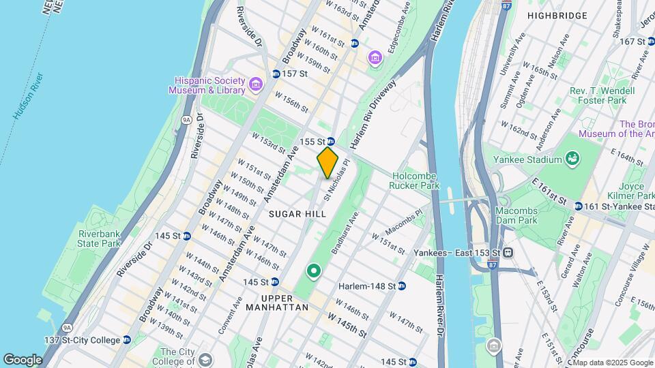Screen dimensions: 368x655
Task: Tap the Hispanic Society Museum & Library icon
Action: tap(256, 85)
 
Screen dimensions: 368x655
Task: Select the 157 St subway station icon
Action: tap(276, 74)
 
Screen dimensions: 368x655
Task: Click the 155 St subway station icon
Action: tap(330, 141)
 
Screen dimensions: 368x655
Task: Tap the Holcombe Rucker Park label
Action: tap(415, 181)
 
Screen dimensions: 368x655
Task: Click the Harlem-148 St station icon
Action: tap(402, 286)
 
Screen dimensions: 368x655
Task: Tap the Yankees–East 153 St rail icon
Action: tap(508, 253)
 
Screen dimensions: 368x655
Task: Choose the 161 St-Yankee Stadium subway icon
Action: tap(578, 206)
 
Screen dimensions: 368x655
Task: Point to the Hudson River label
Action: tap(28, 96)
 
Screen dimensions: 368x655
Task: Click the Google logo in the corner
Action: tap(23, 359)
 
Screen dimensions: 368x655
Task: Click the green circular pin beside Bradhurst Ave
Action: tap(314, 272)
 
